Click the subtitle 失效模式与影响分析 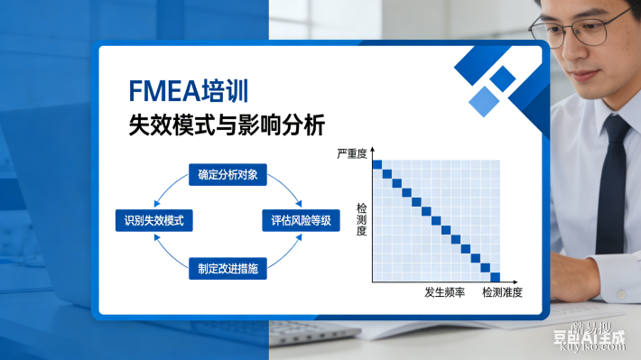coord(227,125)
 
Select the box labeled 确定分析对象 coord(228,175)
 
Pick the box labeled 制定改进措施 coord(228,268)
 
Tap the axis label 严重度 coord(352,154)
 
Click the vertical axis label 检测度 coord(361,219)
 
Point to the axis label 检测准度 coord(502,293)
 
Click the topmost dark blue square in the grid coord(378,163)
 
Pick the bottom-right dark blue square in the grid coord(495,276)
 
